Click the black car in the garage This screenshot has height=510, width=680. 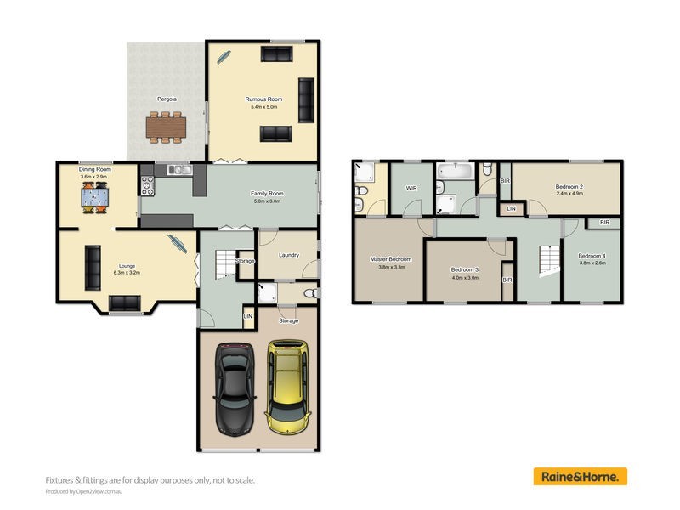point(234,388)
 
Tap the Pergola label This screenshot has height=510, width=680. point(167,99)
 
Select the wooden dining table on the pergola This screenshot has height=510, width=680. point(166,127)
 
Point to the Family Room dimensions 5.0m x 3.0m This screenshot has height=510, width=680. point(266,201)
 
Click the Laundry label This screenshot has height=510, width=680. point(287,254)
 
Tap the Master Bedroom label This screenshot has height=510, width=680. point(390,258)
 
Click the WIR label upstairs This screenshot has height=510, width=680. point(411,188)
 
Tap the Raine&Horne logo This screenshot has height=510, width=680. point(581,477)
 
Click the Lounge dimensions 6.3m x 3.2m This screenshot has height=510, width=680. point(127,274)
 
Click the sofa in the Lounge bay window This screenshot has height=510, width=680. point(126,303)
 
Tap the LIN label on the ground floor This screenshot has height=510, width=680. point(248,317)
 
